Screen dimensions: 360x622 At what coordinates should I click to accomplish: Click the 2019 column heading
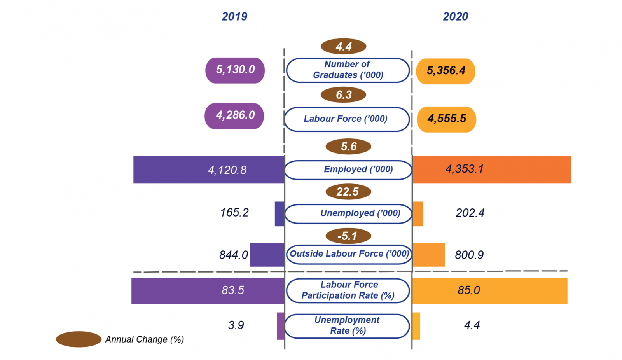coord(234,17)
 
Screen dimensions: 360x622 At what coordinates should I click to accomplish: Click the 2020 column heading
coord(456,17)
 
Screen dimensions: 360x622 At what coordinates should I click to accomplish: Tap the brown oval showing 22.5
coord(348,192)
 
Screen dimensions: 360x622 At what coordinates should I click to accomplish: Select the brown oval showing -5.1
coord(348,236)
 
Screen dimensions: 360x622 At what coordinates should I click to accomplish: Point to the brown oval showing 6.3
coord(344,95)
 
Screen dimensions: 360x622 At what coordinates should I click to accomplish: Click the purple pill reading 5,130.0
coord(235,70)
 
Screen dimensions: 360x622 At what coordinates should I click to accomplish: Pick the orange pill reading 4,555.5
coord(446,119)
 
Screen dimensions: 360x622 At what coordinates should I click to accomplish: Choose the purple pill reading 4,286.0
coord(234,116)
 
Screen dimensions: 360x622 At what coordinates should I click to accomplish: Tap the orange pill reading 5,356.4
coord(446,71)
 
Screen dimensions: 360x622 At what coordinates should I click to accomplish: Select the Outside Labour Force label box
coord(349,254)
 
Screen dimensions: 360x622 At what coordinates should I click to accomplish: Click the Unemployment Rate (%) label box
coord(347,326)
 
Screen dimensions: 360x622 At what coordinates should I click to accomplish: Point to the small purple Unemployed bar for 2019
coord(280,214)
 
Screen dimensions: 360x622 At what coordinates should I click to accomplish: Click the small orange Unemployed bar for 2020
coord(418,214)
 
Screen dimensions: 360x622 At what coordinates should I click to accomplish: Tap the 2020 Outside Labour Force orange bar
coord(428,255)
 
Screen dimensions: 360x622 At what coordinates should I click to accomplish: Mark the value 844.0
coord(233,255)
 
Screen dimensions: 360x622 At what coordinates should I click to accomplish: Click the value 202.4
coord(470,213)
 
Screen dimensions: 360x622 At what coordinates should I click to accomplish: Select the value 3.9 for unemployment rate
coord(236,325)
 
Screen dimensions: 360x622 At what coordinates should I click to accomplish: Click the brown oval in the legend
coord(79,339)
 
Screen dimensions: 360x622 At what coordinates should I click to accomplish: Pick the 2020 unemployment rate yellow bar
coord(416,326)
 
